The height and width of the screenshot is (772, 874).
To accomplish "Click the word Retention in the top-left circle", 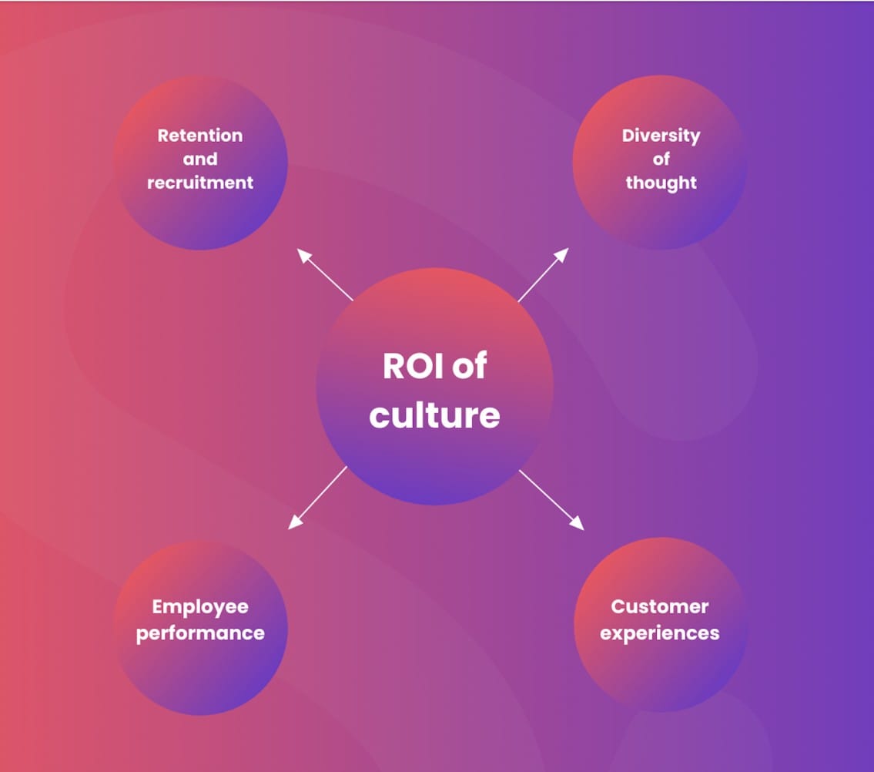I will coord(200,136).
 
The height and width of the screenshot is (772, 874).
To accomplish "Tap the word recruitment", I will coord(200,183).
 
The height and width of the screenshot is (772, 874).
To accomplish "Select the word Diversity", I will coord(661,136).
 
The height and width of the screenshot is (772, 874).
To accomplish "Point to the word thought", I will coord(661,183).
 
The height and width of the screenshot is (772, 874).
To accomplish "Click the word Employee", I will coord(200,607).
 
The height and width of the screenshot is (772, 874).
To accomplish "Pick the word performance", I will coord(200,633).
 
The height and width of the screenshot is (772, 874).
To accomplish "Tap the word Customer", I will coord(660,607).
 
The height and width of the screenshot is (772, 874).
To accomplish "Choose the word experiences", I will coord(660,633).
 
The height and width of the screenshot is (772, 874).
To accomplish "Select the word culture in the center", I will coord(434,416).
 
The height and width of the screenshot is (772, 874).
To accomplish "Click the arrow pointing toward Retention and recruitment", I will coord(325,274).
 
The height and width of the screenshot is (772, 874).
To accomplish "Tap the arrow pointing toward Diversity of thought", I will coord(543,274).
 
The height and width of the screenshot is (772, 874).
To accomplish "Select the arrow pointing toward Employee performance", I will coord(317,498).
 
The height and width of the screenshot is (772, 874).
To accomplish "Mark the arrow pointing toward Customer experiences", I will coord(551,499).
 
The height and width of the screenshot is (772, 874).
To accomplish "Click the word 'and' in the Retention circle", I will coord(200,159).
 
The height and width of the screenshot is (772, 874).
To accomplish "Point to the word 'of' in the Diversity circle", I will coord(661,159).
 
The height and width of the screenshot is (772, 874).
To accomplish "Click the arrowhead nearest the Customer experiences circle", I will coord(578,524).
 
